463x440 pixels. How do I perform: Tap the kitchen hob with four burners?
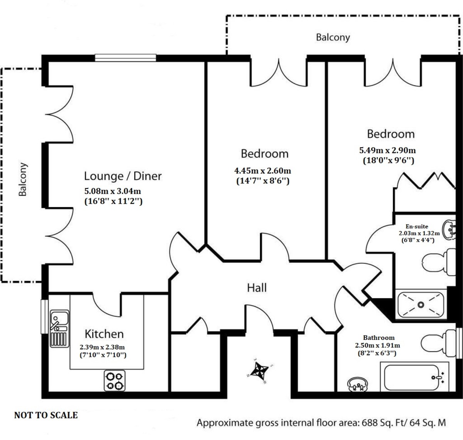(x=115, y=380)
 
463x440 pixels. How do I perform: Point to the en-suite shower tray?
(x=420, y=305)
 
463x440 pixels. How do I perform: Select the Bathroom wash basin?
(x=358, y=385)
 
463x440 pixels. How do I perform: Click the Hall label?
(x=257, y=288)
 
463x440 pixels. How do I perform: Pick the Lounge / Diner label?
(x=123, y=176)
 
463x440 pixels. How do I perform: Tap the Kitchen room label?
(x=104, y=334)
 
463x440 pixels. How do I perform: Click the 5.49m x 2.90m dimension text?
(x=387, y=150)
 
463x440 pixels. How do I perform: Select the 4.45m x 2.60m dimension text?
(x=263, y=171)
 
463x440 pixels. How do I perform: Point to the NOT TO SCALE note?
(x=46, y=415)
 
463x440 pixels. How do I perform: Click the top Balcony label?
(x=333, y=38)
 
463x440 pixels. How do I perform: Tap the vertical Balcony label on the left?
(x=23, y=179)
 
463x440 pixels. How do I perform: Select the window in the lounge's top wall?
(x=126, y=58)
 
